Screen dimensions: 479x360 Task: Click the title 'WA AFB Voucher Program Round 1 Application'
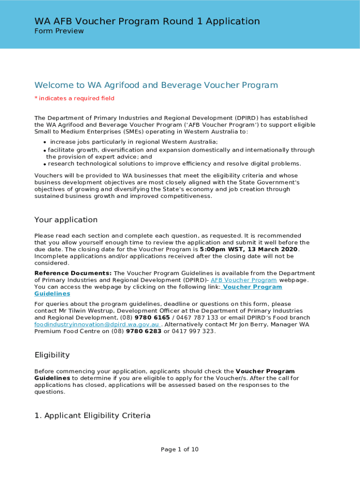[x=147, y=21]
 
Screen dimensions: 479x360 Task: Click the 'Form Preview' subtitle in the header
[x=59, y=31]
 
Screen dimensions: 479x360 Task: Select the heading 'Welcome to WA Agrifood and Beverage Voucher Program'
[x=156, y=85]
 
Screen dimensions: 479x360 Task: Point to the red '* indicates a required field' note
[x=74, y=98]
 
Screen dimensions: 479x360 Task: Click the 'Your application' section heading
[x=66, y=220]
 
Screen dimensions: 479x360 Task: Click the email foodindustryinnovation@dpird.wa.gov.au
[x=97, y=325]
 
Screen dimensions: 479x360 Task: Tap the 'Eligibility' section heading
[x=52, y=355]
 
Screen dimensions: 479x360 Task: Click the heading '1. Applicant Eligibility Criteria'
[x=93, y=415]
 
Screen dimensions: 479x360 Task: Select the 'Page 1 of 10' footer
[x=180, y=450]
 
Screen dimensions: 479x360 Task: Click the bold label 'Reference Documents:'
[x=73, y=273]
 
